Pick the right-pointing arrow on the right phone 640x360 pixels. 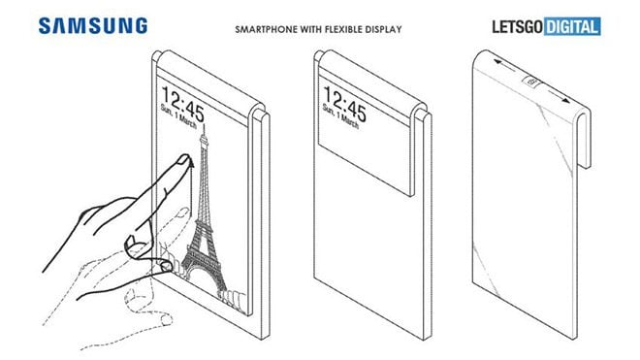(x=564, y=94)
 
